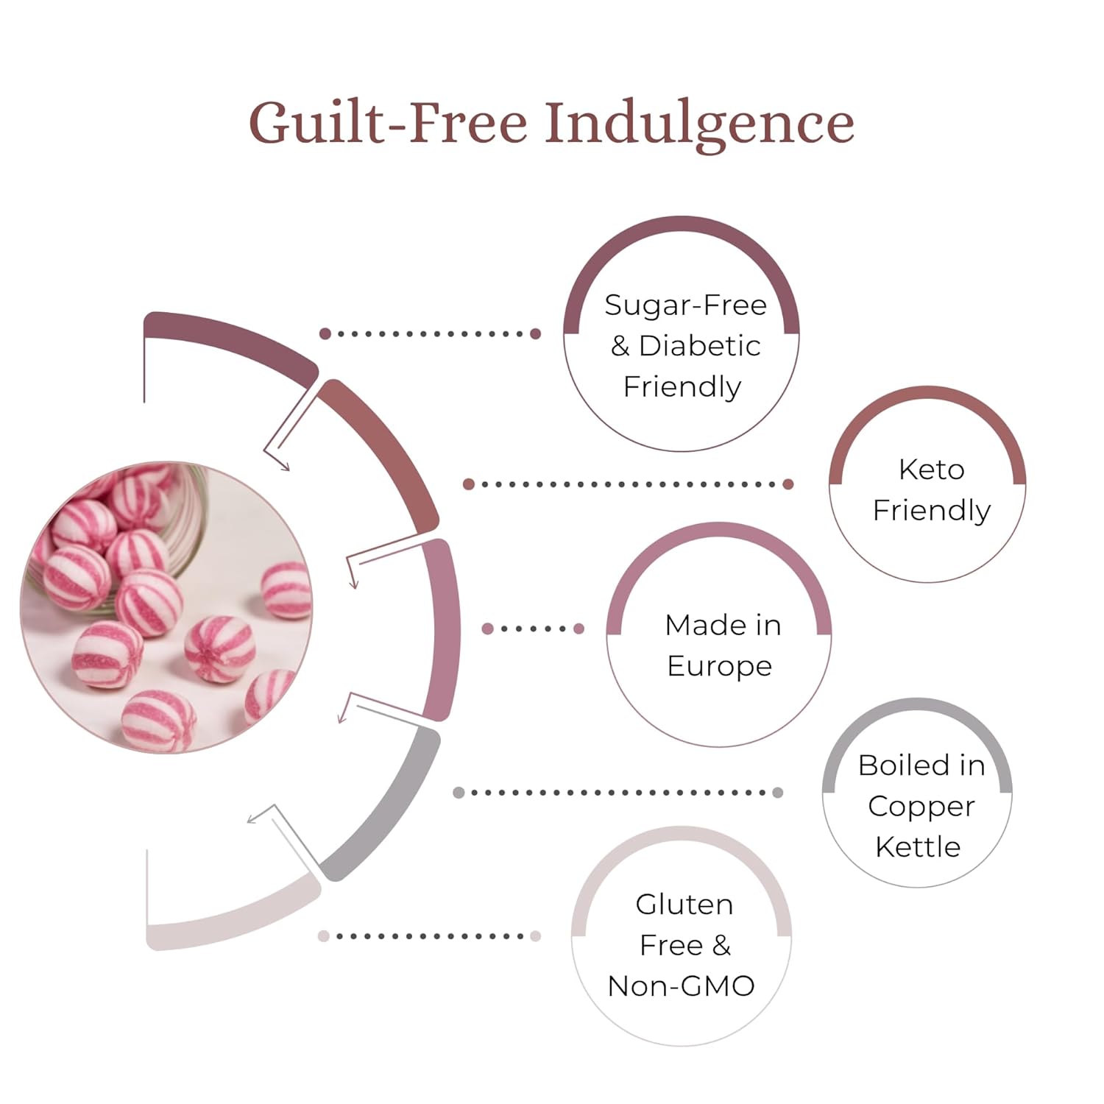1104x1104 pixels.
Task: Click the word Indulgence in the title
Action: [x=699, y=124]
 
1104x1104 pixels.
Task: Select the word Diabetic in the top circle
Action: [x=699, y=346]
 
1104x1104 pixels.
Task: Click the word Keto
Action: [x=931, y=470]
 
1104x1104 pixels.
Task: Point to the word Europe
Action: [x=719, y=666]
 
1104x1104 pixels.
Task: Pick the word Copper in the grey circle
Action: [x=921, y=807]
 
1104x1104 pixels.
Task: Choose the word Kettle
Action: [x=918, y=847]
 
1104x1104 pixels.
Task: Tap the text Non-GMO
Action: [x=681, y=986]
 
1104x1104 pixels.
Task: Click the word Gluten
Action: [x=684, y=905]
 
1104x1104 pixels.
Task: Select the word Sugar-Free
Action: [x=685, y=305]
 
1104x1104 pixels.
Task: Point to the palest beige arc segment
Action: [x=228, y=920]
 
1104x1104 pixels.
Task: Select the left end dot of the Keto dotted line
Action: [x=468, y=484]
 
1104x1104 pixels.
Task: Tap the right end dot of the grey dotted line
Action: [x=778, y=793]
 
